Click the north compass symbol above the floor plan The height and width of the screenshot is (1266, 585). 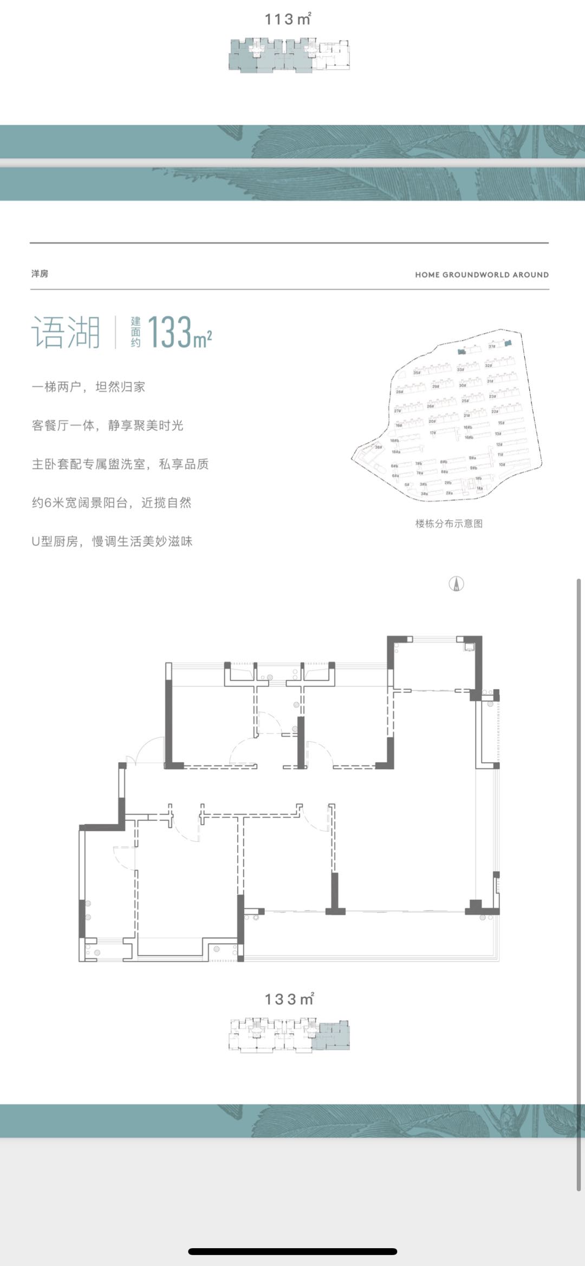coord(457,583)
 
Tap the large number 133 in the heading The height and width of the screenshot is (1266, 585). coord(169,332)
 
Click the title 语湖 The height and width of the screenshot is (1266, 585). coord(66,332)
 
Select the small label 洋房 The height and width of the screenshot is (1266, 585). coord(40,274)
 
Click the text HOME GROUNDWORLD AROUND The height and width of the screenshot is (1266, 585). coord(482,275)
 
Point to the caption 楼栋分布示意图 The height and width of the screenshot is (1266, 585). coord(448,523)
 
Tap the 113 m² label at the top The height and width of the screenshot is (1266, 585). coord(288,20)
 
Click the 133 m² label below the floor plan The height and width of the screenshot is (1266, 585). coord(289,999)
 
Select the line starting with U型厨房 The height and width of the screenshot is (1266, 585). coord(112,541)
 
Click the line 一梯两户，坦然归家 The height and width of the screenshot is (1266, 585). coord(88,387)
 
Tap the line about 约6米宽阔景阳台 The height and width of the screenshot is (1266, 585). coord(112,503)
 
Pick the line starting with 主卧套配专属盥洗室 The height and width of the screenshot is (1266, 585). coord(120,464)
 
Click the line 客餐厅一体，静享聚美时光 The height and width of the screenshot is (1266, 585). coord(108,425)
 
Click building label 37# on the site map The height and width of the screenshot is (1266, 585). coord(492,346)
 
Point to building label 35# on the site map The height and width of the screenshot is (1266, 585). coord(417,373)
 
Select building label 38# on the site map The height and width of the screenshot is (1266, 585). coord(379,447)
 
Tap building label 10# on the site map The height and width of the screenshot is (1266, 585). coord(502,464)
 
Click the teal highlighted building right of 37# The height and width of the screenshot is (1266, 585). coord(508,342)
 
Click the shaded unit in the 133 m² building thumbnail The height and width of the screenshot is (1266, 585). coord(334,1036)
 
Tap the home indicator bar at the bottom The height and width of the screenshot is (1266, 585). coord(292,1251)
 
